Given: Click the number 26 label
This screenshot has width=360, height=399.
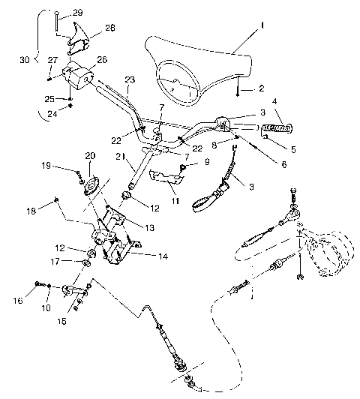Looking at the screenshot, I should (x=101, y=60).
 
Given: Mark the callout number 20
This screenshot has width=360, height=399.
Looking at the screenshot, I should (x=91, y=156).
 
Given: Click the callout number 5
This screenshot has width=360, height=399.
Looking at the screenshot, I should (x=292, y=149).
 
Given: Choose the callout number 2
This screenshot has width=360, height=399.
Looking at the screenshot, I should (x=261, y=88).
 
